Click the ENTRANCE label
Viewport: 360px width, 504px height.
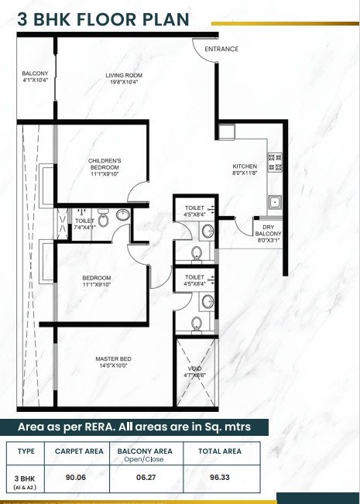221,49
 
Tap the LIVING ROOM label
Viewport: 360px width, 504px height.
124,76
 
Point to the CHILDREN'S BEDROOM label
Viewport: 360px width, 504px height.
105,164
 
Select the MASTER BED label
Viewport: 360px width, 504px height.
114,358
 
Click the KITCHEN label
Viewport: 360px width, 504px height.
245,166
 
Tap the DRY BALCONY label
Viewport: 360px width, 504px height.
268,230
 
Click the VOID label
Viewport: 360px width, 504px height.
195,369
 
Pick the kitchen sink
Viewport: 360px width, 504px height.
275,202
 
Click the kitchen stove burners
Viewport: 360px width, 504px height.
275,162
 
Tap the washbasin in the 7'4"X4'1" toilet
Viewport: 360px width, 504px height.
123,214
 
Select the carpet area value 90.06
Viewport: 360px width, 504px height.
76,478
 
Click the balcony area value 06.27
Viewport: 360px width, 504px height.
146,478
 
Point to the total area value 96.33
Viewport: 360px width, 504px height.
220,478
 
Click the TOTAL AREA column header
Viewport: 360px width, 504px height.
220,451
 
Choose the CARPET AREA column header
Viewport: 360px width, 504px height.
79,451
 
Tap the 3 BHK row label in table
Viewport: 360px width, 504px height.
25,478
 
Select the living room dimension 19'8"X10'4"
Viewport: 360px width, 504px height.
124,82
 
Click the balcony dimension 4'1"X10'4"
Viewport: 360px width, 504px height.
35,80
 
